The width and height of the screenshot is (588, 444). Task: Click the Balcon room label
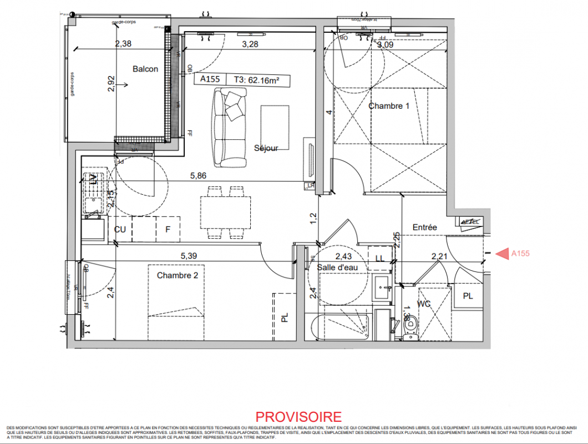point(145,69)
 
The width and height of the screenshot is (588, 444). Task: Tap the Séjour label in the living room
point(266,148)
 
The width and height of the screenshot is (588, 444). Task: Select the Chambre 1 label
point(389,105)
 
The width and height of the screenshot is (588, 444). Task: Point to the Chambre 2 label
point(177,275)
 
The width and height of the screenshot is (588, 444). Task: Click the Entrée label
point(425,228)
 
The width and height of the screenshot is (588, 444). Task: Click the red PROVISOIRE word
point(298,417)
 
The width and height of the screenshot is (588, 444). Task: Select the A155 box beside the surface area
point(210,80)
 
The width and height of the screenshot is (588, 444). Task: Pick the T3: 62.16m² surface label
point(255,80)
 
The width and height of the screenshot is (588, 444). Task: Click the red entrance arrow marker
point(502,254)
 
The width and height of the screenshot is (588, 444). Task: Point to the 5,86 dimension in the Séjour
point(198,175)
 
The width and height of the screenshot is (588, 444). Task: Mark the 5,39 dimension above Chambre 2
point(189,256)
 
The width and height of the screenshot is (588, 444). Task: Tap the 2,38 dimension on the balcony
point(123,44)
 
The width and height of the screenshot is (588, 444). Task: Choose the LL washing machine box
point(380,258)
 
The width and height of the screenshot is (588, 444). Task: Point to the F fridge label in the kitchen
point(167,229)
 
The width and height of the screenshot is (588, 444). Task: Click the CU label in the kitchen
point(119,229)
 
